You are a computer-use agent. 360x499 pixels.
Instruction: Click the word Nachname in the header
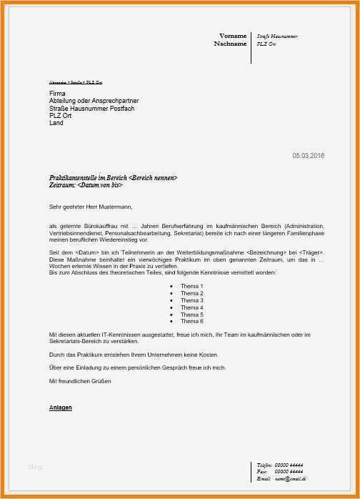[230, 44]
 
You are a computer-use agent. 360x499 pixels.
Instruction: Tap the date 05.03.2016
[308, 156]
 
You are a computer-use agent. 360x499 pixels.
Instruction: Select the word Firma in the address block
[57, 94]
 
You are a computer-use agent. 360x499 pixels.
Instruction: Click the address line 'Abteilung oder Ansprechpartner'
[94, 101]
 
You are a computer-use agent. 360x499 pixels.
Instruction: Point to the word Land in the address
[56, 123]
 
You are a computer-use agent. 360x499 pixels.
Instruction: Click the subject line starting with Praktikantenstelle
[113, 177]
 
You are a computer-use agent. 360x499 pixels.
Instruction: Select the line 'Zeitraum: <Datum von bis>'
[86, 185]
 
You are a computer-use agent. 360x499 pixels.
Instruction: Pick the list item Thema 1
[191, 286]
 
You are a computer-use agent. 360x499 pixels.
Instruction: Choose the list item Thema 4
[191, 307]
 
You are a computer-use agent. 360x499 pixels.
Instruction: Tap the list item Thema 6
[191, 322]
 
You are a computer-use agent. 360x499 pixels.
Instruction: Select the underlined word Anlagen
[61, 407]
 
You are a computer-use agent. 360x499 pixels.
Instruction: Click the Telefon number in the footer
[289, 465]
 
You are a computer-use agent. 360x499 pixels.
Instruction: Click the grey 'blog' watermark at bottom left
[35, 467]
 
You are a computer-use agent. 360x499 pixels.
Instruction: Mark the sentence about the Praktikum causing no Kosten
[134, 355]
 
